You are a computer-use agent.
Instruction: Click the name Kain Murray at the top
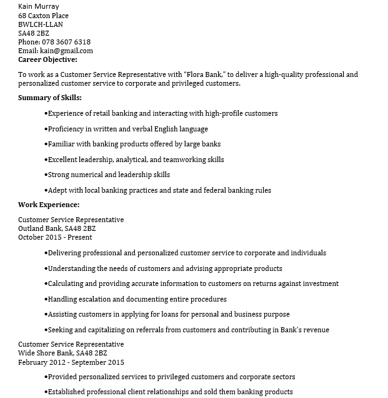pyautogui.click(x=39, y=6)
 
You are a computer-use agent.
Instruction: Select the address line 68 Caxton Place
pyautogui.click(x=43, y=16)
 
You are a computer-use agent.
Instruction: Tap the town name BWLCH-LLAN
pyautogui.click(x=41, y=24)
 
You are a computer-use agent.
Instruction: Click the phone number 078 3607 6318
pyautogui.click(x=67, y=42)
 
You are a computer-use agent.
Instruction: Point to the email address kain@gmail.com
pyautogui.click(x=66, y=51)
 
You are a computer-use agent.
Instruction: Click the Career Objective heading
pyautogui.click(x=47, y=59)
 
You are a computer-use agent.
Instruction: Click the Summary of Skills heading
pyautogui.click(x=50, y=98)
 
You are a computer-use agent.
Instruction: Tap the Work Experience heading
pyautogui.click(x=49, y=205)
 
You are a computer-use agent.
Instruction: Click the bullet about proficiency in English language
pyautogui.click(x=127, y=129)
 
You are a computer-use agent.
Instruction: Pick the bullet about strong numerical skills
pyautogui.click(x=109, y=175)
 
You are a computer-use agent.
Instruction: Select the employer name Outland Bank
pyautogui.click(x=40, y=229)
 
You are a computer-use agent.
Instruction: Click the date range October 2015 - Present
pyautogui.click(x=55, y=238)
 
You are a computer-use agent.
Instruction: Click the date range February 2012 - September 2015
pyautogui.click(x=71, y=362)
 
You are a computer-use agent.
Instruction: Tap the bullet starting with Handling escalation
pyautogui.click(x=137, y=299)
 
